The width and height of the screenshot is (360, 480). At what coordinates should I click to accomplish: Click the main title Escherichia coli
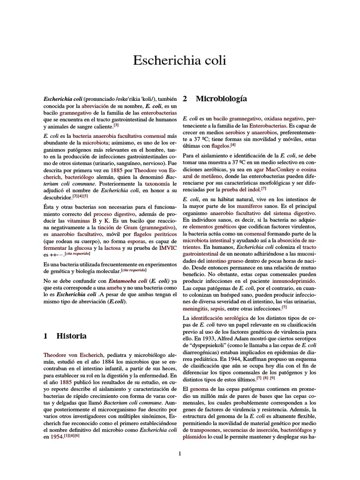point(180,60)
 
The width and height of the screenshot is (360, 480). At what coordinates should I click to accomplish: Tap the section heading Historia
point(71,336)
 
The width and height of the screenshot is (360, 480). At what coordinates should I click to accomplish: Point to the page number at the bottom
point(180,453)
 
